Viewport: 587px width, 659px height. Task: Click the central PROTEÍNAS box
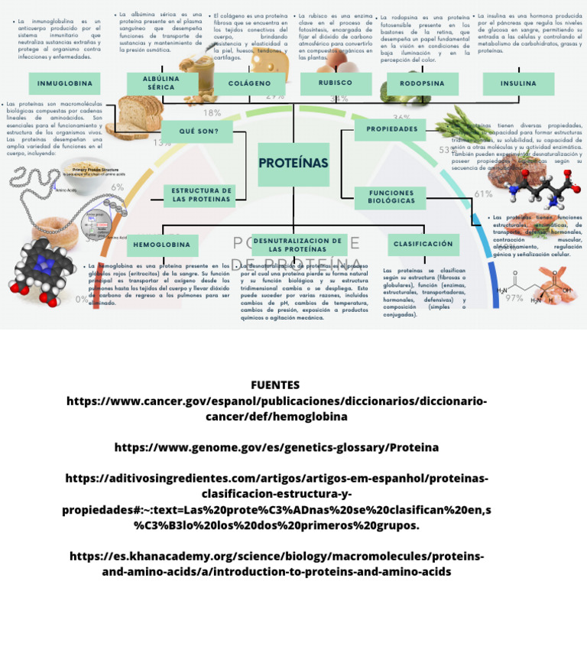tap(293, 164)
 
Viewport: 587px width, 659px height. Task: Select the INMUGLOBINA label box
tap(65, 83)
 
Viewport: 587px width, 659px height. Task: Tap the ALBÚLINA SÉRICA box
tap(161, 83)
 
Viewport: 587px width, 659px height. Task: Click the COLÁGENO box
tap(249, 83)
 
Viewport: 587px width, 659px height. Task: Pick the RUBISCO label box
tap(335, 83)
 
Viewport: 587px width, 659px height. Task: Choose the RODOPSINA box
tap(422, 83)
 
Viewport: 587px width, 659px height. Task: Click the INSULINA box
tap(518, 83)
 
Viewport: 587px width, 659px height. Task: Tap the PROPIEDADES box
tap(391, 129)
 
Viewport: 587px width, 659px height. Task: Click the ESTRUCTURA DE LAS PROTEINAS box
tap(200, 195)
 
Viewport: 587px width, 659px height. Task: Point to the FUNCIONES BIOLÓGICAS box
tap(391, 197)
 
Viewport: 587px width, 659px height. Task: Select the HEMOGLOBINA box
tap(162, 245)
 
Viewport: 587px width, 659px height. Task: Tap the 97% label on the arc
tap(514, 299)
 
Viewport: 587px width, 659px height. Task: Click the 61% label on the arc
tap(483, 194)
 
